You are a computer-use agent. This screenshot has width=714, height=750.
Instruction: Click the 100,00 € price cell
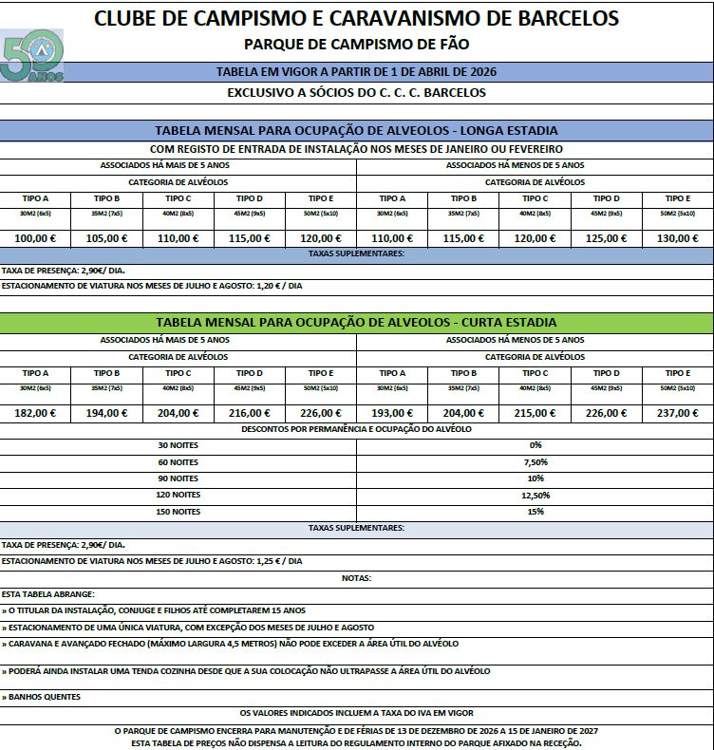coord(35,238)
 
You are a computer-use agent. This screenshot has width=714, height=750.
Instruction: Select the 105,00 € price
coord(106,238)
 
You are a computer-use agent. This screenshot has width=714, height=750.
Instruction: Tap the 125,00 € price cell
coord(606,238)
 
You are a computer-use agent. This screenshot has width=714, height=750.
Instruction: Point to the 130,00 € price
coord(677,238)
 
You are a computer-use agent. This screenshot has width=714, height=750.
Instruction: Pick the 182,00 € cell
coord(35,413)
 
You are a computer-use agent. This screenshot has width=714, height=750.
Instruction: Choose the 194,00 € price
coord(106,413)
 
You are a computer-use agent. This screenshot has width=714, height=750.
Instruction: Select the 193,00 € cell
coord(392,413)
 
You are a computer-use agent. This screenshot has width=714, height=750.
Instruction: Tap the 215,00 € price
coord(535,413)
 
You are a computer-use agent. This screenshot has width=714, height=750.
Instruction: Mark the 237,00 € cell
coord(677,413)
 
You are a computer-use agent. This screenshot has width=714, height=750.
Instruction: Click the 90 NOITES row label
coord(178,478)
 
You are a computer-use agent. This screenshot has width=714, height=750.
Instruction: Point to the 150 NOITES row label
coord(178,512)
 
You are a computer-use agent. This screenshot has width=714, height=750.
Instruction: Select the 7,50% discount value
coord(535,461)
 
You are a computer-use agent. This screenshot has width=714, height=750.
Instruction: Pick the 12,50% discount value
coord(535,495)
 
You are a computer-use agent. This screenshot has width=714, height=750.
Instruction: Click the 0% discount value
coord(535,444)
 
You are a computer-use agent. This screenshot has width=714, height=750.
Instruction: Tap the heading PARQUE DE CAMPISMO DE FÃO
coord(356,44)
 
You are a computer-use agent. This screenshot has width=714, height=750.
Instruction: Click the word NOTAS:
coord(356,578)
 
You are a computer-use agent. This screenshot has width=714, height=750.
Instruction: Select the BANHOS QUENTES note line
coord(43,697)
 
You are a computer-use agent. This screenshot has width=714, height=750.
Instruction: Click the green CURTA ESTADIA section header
coord(356,322)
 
